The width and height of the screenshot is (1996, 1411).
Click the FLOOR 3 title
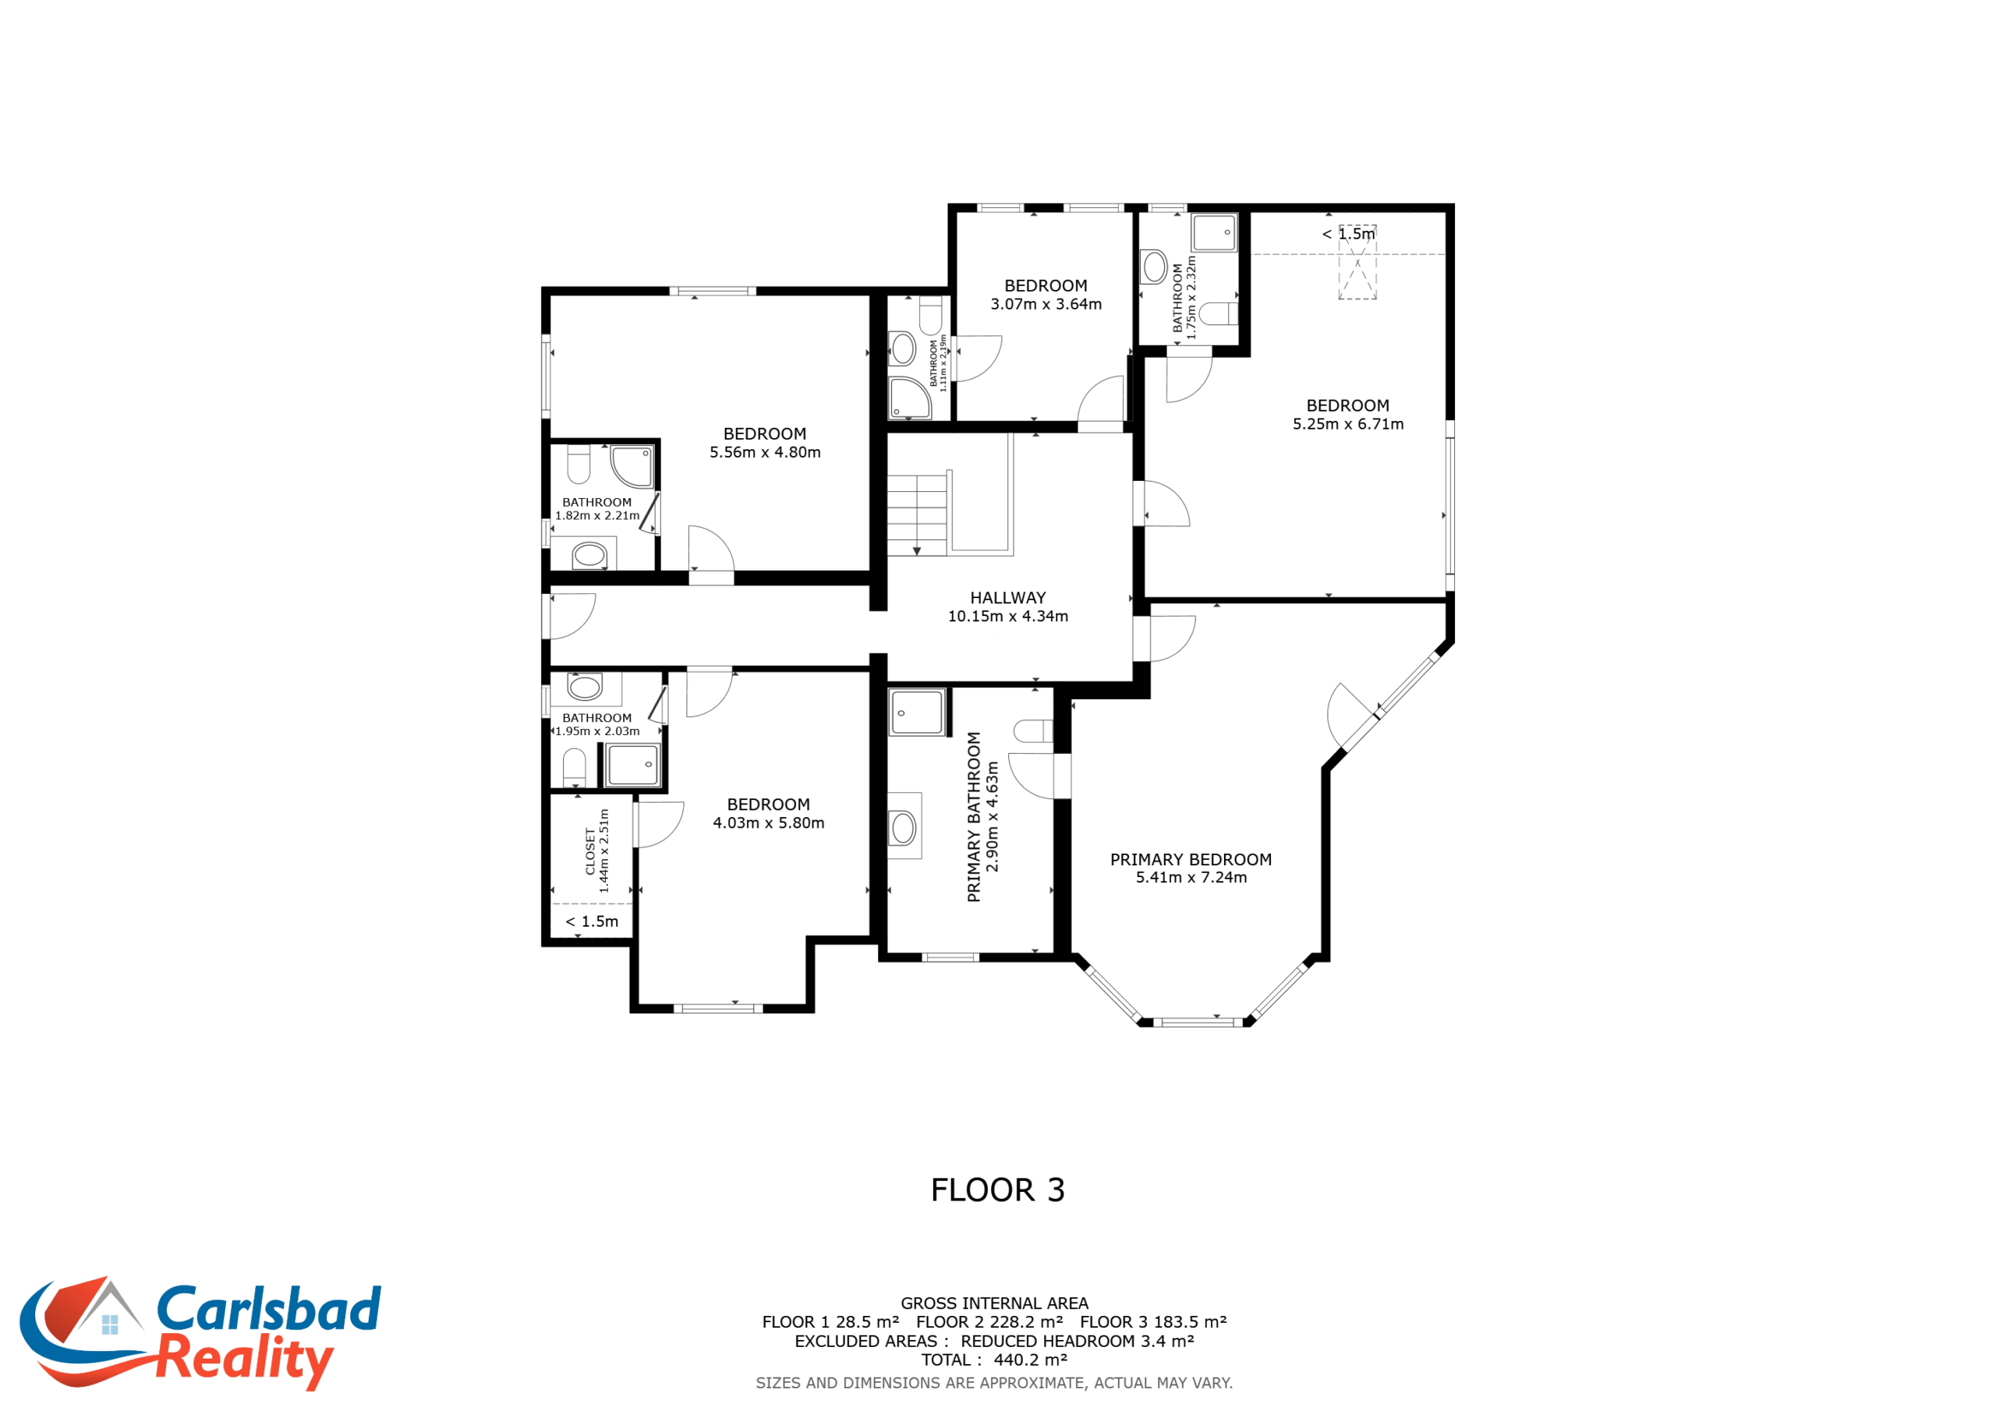[997, 1190]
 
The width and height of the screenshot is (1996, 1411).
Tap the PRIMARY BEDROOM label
[1191, 860]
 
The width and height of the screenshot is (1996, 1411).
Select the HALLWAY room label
[1007, 598]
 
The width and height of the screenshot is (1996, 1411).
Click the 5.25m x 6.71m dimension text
[1347, 424]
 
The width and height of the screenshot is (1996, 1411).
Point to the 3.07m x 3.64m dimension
[1046, 304]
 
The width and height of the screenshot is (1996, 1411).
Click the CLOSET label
[590, 851]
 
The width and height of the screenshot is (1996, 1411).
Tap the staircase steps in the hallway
[916, 515]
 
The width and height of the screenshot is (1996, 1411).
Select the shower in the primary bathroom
[916, 713]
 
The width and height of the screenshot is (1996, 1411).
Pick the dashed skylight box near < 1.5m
[1357, 263]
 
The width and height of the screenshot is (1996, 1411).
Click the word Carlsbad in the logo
[269, 1308]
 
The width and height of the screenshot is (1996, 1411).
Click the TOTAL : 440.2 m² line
[995, 1360]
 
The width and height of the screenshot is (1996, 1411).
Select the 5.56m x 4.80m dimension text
[765, 452]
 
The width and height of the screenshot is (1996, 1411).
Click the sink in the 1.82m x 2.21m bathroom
[589, 555]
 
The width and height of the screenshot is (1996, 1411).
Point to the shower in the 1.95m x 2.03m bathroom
[633, 765]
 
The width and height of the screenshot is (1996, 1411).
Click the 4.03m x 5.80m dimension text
[769, 823]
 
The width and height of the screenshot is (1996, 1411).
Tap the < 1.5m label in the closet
[592, 921]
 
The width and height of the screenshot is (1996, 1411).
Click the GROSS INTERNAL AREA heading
[995, 1303]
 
